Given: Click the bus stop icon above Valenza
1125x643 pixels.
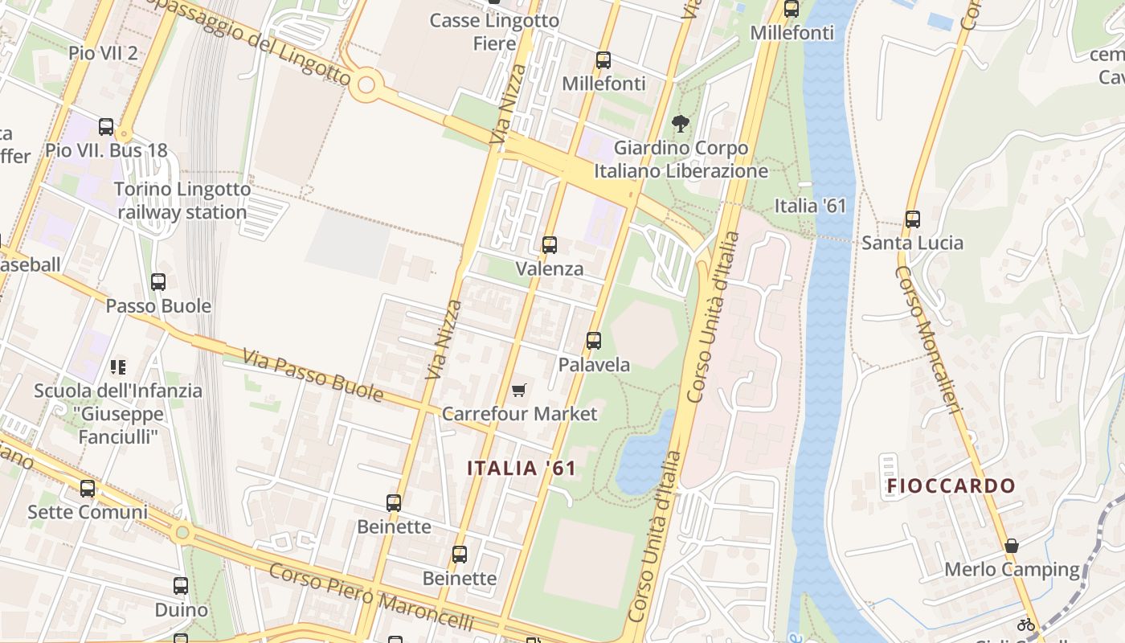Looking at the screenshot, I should (x=550, y=245).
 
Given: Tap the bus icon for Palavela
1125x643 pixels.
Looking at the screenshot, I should (x=594, y=341).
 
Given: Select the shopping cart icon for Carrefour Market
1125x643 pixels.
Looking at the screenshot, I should (x=519, y=391).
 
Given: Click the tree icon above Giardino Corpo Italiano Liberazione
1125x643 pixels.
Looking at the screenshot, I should (x=681, y=124).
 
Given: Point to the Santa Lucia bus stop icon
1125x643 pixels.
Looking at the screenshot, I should (x=912, y=219).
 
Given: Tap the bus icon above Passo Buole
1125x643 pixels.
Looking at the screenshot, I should (x=158, y=282).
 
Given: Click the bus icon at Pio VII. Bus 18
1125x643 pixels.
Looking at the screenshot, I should (x=106, y=127).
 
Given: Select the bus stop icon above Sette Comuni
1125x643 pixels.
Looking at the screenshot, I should (x=88, y=488).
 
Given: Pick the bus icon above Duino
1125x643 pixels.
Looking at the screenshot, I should (x=181, y=586).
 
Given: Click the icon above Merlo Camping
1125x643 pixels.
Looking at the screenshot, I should (x=1012, y=546).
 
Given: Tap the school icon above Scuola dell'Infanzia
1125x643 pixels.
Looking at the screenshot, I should (x=118, y=367).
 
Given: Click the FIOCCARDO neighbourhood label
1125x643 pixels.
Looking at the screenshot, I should (x=951, y=486).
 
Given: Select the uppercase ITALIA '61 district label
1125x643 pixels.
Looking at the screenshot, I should (x=522, y=468).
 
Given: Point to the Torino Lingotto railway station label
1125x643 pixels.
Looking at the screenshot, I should (x=182, y=201).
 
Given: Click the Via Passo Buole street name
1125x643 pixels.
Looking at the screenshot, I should (x=313, y=375).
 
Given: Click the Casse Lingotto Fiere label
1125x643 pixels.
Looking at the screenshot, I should (x=494, y=32).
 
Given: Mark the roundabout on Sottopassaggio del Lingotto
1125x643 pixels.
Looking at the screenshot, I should (x=366, y=84).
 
